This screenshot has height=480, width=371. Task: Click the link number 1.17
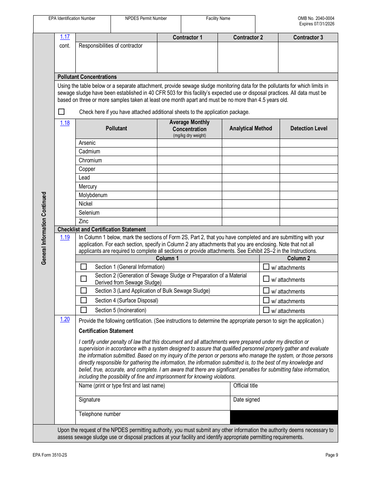[65, 37]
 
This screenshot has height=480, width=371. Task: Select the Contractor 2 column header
[248, 37]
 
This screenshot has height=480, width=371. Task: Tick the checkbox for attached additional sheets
[61, 112]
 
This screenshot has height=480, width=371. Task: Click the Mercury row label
[88, 187]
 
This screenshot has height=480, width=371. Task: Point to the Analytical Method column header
[251, 128]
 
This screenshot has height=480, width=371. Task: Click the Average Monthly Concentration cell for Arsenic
[189, 143]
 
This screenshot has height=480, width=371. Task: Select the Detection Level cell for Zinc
[309, 221]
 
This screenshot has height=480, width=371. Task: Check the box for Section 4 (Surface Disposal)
[84, 300]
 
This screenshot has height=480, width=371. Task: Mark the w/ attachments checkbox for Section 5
[266, 310]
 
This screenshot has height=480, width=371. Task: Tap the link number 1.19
[65, 237]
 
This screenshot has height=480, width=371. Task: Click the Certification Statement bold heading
[106, 331]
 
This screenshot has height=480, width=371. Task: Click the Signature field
[152, 403]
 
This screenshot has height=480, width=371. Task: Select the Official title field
[284, 389]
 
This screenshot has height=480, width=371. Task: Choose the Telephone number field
[152, 417]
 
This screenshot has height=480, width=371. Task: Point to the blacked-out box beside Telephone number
[284, 417]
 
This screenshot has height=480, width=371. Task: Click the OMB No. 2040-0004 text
[316, 18]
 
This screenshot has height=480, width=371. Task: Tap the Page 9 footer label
[332, 455]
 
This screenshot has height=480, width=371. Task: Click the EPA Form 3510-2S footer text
[50, 455]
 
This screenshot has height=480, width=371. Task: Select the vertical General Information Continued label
[44, 228]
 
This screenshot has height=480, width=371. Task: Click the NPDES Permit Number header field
[146, 23]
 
